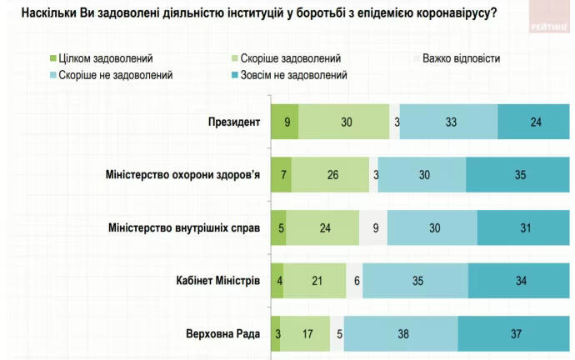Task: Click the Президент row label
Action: click(x=234, y=122)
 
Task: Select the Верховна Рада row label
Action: click(x=223, y=334)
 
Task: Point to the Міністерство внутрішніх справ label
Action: click(x=185, y=228)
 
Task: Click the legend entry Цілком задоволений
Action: click(x=106, y=59)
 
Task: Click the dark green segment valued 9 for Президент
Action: click(x=286, y=122)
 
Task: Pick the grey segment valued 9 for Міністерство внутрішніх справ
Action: click(x=373, y=228)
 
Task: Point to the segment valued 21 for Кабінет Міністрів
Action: click(x=317, y=281)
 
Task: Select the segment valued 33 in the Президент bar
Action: click(x=450, y=122)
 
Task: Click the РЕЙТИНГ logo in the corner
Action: click(x=548, y=25)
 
